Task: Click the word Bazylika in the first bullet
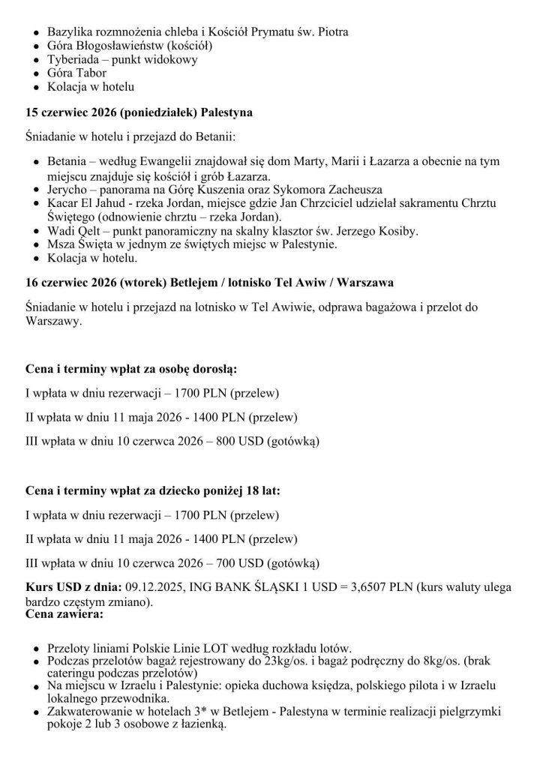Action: coord(70,32)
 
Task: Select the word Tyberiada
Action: coord(75,59)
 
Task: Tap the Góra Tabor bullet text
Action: coord(76,73)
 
